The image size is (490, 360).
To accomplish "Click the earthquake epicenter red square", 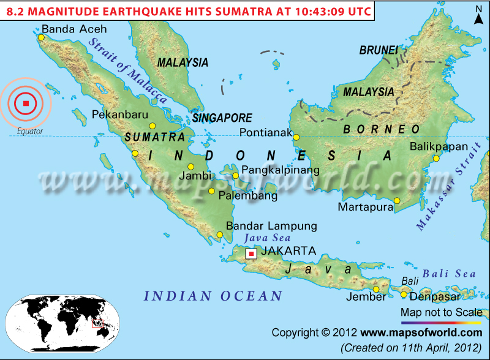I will coord(26,103).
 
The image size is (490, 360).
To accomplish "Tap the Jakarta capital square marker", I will coord(251,253).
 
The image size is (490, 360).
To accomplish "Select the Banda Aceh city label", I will coord(73,29).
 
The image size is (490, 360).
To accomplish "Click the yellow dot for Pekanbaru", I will coord(153,126).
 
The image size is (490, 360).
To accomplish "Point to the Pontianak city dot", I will coord(296,138).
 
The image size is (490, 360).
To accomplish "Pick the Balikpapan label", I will coord(439,146).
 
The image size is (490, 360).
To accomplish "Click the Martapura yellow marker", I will coord(397,200).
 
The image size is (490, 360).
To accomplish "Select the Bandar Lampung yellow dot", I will coord(220,234).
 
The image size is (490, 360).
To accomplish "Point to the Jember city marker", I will coord(376,290).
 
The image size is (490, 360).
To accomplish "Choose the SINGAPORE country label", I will coord(222,118).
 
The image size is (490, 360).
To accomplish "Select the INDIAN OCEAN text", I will coord(213,296).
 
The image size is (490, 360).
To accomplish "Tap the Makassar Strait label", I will coord(439,200).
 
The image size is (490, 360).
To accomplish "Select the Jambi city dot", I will coord(191,167).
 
